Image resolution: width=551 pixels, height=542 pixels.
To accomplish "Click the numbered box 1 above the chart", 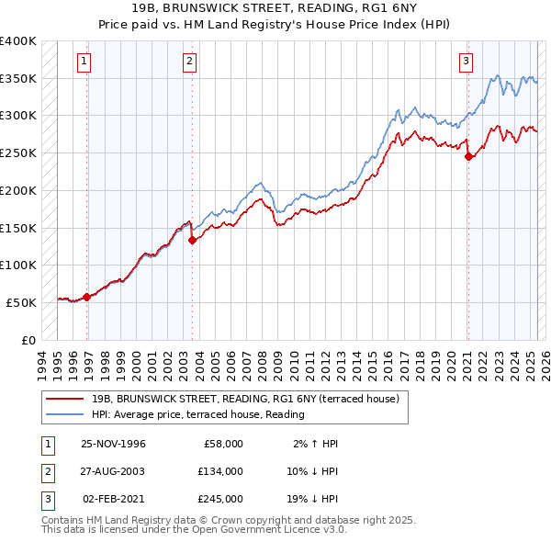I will [x=84, y=62].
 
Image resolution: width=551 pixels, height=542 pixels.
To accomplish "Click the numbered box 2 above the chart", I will [x=188, y=62].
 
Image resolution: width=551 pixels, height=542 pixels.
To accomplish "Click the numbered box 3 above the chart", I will [x=466, y=62].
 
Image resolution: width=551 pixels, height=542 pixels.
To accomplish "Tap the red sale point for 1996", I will [x=87, y=297].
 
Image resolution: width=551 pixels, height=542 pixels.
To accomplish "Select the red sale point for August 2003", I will [x=192, y=240].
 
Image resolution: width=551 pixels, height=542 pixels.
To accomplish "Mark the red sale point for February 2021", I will [x=468, y=156].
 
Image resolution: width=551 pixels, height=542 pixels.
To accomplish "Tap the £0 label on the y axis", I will [x=28, y=340].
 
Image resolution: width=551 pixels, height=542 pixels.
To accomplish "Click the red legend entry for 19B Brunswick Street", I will [x=244, y=399].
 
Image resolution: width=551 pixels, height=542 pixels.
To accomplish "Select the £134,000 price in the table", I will [x=219, y=471].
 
